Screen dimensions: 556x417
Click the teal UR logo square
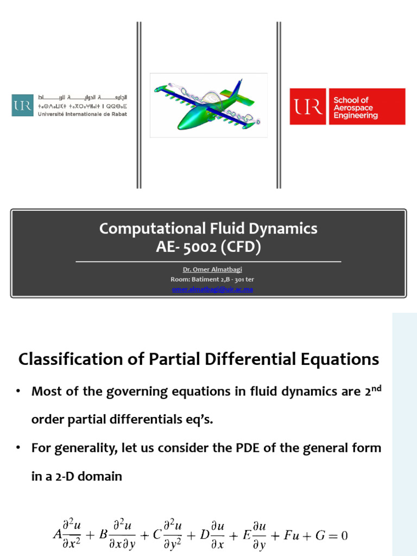(x=22, y=105)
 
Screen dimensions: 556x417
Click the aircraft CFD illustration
(x=208, y=105)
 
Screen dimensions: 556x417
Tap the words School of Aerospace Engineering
(x=356, y=108)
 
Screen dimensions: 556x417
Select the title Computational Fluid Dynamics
(x=208, y=229)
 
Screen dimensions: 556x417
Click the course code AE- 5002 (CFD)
(x=208, y=248)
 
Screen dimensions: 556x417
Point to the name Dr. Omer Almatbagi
(x=208, y=270)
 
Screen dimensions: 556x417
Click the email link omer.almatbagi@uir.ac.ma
(x=208, y=289)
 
